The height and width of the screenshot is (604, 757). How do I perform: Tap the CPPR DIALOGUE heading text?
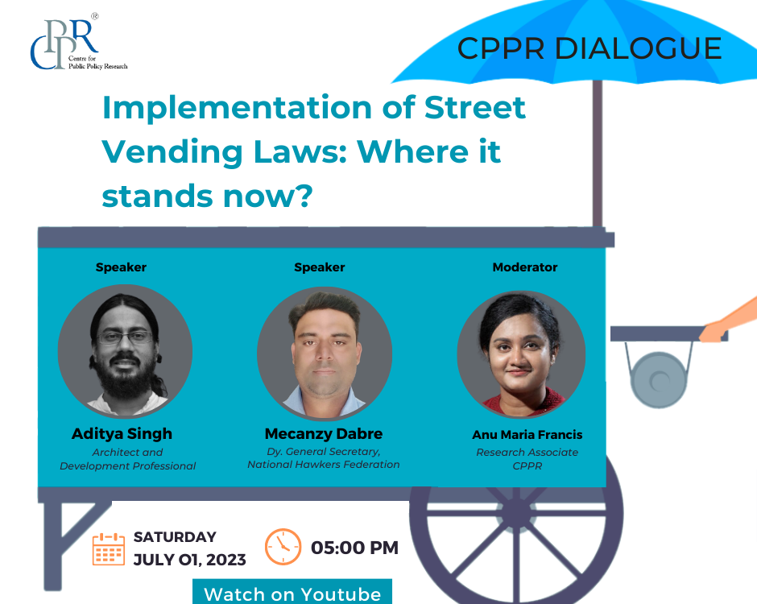tap(589, 48)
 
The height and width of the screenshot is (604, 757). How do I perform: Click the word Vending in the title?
tap(172, 152)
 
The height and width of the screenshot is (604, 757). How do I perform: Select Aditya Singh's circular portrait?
tap(125, 351)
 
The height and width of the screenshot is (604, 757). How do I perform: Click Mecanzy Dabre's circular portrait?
tap(325, 354)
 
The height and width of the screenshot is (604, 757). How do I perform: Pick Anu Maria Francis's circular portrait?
tap(521, 354)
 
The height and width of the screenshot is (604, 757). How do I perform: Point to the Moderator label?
tap(525, 267)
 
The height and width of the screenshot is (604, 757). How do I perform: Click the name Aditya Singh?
tap(122, 433)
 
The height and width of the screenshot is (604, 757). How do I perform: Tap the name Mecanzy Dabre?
tap(324, 433)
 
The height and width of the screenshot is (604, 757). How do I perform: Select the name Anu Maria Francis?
tap(527, 435)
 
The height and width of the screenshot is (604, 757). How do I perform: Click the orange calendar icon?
tap(109, 549)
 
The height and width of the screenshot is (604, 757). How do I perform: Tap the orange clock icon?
tap(283, 547)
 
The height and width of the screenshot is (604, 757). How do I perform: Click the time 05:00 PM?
tap(354, 548)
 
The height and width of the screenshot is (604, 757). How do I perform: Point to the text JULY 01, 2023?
tap(190, 560)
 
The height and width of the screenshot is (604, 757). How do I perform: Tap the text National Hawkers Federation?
tap(324, 465)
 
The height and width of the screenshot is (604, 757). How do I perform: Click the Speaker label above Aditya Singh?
tap(121, 267)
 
